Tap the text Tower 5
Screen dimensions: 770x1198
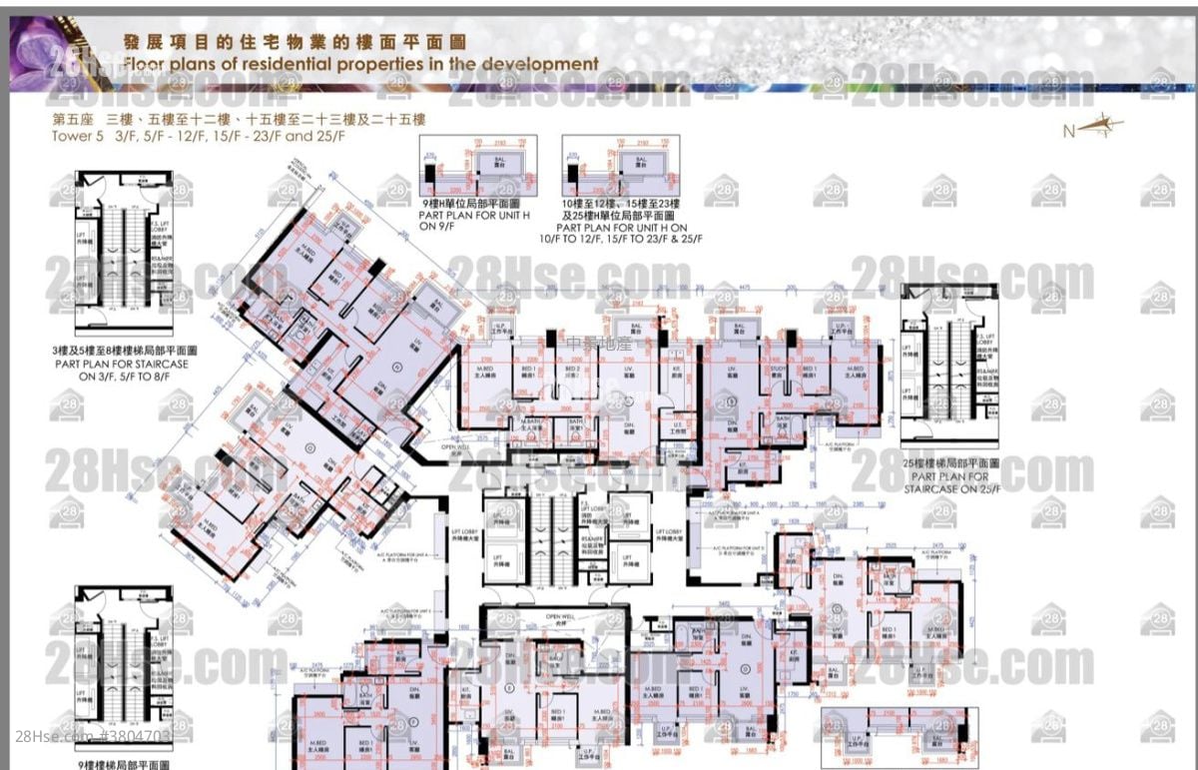pos(77,135)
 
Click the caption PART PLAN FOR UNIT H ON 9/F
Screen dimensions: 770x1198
pos(472,221)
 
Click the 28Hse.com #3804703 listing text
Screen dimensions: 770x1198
pos(95,737)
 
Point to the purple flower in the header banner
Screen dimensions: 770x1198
pos(40,55)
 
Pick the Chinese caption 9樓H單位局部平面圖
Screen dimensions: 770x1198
pos(472,203)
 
